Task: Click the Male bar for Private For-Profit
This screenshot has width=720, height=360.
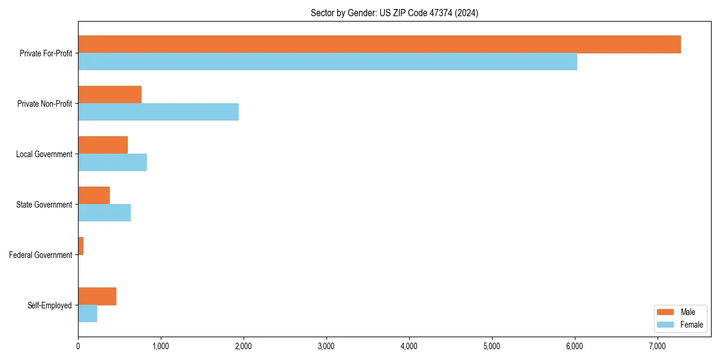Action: [379, 44]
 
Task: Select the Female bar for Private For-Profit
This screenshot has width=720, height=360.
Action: [328, 61]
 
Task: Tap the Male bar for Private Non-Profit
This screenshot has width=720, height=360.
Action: [110, 95]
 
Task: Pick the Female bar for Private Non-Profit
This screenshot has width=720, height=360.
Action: [158, 112]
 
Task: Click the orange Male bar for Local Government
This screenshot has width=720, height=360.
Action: [103, 145]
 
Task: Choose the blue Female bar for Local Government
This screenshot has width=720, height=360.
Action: [112, 162]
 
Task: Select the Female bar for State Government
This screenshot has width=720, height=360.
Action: [104, 212]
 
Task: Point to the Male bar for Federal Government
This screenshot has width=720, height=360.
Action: [81, 246]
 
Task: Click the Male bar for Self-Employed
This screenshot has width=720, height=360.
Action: [97, 296]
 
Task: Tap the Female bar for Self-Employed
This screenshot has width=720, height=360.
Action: [88, 313]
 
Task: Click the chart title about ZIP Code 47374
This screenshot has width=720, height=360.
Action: [394, 13]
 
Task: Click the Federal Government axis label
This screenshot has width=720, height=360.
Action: [41, 255]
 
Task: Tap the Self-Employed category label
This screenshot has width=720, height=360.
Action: [50, 305]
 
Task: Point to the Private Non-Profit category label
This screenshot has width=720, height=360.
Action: [44, 104]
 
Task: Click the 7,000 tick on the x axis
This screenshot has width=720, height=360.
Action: [658, 346]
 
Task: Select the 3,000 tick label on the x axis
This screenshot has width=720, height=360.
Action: [326, 346]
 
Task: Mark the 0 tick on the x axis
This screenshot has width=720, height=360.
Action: [78, 346]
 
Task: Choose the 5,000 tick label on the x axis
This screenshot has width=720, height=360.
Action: [492, 346]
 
